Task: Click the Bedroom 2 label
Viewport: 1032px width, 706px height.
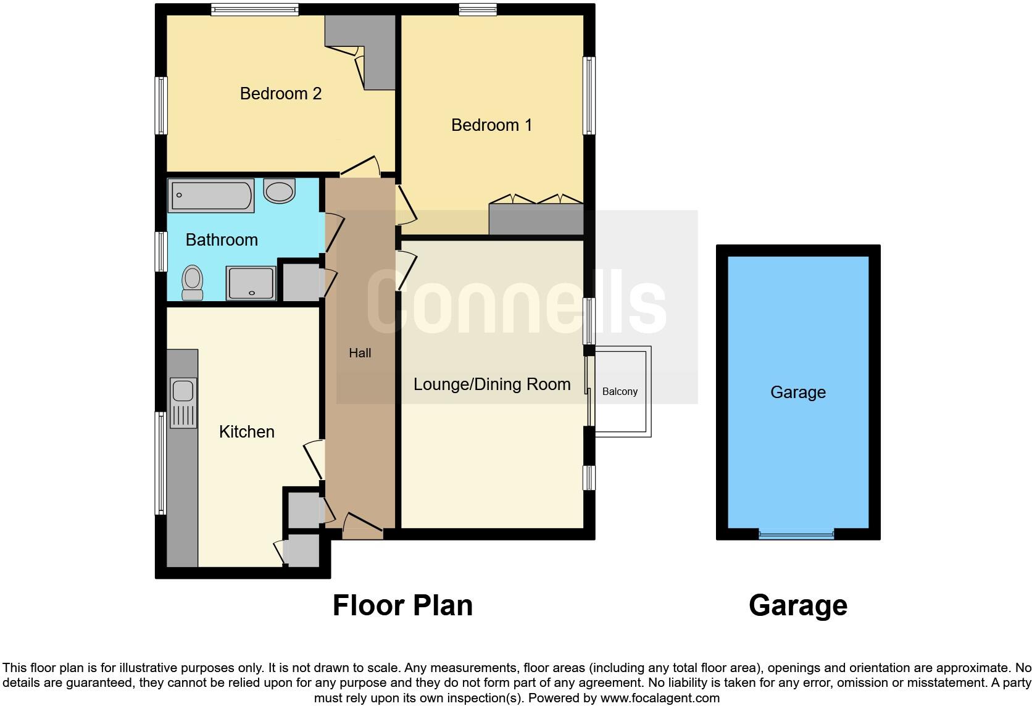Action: (x=280, y=94)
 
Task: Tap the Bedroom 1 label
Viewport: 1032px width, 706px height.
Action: (x=491, y=125)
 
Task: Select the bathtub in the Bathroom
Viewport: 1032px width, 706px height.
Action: (x=211, y=196)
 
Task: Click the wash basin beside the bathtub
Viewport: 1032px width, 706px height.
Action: (x=280, y=191)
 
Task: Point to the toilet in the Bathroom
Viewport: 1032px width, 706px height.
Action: (x=193, y=283)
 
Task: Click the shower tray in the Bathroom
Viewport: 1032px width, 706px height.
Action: (x=251, y=283)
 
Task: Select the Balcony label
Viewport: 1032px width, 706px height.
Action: (x=619, y=392)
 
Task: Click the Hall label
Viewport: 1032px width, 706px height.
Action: (x=360, y=353)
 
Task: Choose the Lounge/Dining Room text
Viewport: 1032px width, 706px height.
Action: (x=491, y=384)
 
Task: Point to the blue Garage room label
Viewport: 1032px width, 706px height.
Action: (x=797, y=392)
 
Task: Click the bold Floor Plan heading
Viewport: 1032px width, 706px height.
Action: (x=402, y=605)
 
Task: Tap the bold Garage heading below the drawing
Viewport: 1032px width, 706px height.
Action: (x=797, y=605)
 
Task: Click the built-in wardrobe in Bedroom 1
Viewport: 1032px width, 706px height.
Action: (x=536, y=219)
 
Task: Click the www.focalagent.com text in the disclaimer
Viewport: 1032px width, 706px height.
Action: (x=659, y=698)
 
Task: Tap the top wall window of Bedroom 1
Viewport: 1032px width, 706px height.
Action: (x=478, y=9)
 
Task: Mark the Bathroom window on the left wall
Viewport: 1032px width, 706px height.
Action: (x=161, y=251)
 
